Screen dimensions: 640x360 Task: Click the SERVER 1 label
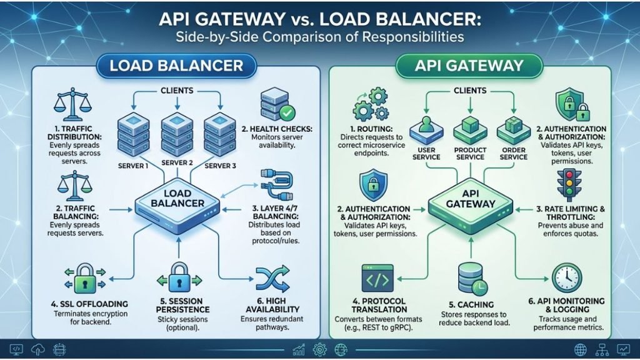click(133, 166)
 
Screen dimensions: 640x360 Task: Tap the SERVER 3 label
click(221, 166)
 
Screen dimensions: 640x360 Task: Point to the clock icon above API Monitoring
click(567, 278)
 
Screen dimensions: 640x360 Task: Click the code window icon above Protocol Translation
click(377, 278)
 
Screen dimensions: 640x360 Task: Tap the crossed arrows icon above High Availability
click(272, 279)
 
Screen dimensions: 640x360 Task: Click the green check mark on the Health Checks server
click(287, 112)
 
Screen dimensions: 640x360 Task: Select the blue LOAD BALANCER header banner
click(176, 65)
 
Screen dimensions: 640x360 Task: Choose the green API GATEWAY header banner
click(469, 65)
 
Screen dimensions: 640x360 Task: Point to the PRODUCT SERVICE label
click(470, 154)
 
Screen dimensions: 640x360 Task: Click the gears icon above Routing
click(371, 105)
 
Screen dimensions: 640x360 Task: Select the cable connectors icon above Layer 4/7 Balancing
click(276, 185)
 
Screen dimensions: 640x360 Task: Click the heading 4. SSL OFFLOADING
click(89, 304)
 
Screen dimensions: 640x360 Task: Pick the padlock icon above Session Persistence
click(179, 278)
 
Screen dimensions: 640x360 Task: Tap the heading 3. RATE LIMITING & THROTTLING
click(570, 213)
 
